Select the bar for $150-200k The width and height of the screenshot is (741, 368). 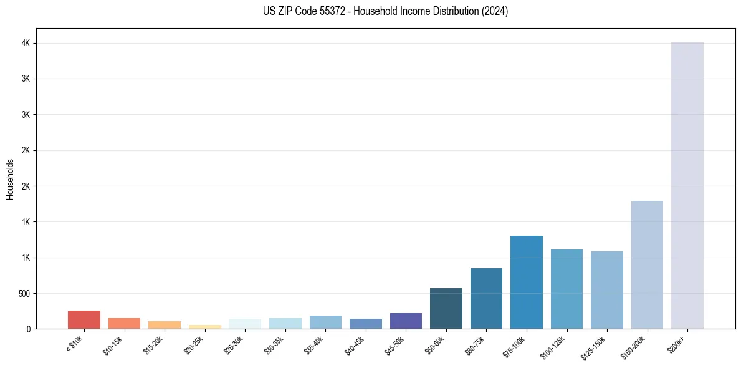[647, 264]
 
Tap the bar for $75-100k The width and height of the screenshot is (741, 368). [526, 282]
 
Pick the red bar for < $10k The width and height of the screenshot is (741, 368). [84, 319]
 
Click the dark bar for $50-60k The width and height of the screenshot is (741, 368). [446, 308]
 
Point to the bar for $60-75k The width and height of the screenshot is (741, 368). [486, 298]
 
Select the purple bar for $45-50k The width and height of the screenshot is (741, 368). [406, 321]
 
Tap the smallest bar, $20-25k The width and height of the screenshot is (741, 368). [204, 326]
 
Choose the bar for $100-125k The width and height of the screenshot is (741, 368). [567, 289]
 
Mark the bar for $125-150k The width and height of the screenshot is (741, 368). [606, 290]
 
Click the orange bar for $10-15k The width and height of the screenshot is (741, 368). [124, 323]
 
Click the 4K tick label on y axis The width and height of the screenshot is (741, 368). [25, 43]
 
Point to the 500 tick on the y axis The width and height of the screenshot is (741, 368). [22, 293]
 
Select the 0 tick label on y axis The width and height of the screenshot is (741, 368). [28, 329]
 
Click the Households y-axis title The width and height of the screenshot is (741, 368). [10, 178]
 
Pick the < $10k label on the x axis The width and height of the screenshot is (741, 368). [75, 343]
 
